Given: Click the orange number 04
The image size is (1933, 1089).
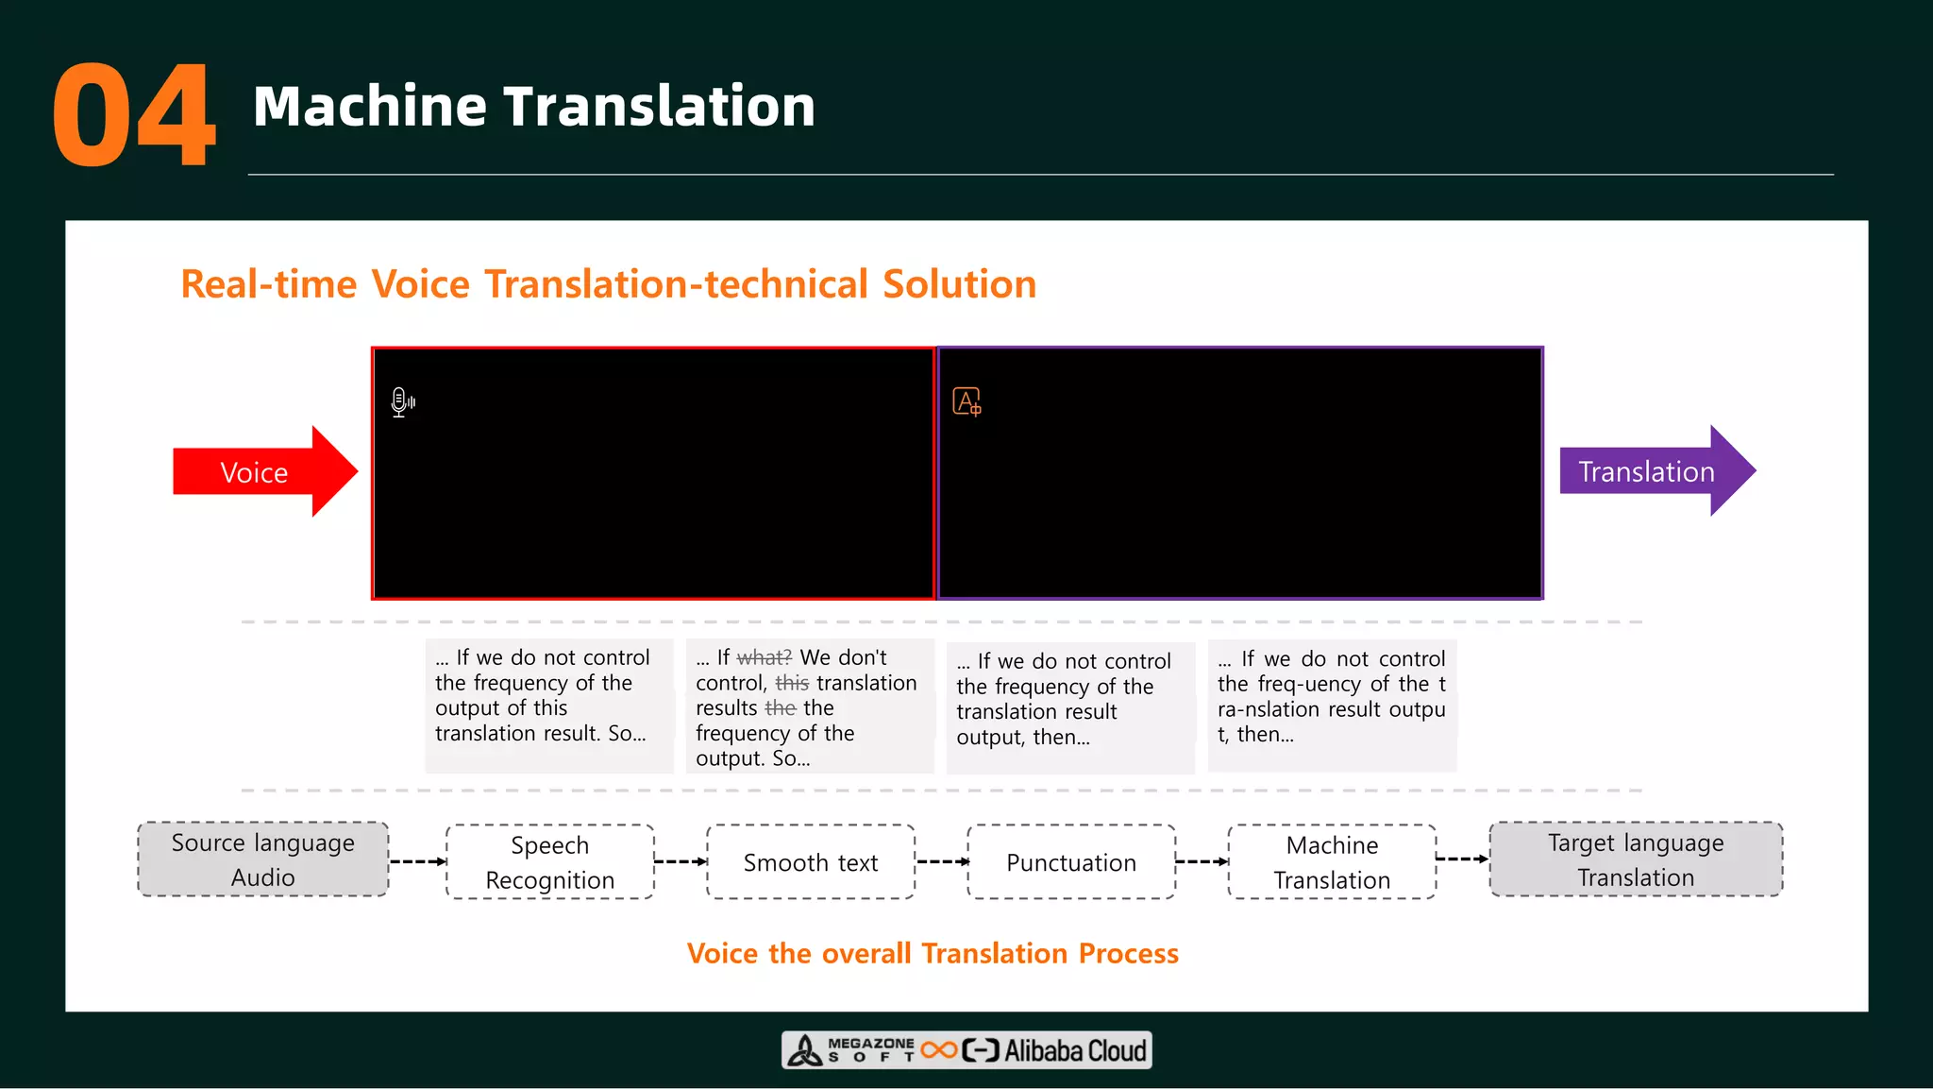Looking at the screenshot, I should point(134,115).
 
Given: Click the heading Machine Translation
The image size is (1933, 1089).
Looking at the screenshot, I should point(533,106).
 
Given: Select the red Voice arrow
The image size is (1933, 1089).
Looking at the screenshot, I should point(260,471).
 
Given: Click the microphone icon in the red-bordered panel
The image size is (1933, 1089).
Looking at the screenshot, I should point(402,402).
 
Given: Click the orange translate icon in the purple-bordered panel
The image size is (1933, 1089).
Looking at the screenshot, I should point(966,402).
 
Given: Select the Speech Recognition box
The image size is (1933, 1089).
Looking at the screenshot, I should point(549,861).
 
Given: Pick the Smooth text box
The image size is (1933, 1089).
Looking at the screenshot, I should point(810,861).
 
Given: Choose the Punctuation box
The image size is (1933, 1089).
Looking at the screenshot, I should point(1070,861).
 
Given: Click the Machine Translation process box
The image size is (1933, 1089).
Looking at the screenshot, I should point(1331,861).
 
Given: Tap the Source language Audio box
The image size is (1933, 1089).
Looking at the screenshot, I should point(262,859).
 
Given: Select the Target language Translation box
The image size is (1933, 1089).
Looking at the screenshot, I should point(1635,859).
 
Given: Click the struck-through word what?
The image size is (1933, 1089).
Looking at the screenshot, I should point(764,657).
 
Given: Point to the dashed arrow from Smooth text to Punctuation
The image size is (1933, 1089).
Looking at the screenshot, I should point(941,861).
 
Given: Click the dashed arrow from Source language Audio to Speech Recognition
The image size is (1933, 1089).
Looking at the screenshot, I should point(416,861).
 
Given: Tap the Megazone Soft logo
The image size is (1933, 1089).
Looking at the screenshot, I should point(854,1050).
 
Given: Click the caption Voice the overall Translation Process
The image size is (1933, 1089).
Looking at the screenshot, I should point(933,953).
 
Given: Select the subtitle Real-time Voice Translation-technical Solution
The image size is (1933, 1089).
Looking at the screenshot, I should point(608,284).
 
